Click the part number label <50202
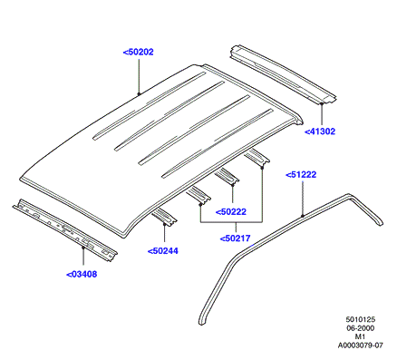pyautogui.click(x=138, y=52)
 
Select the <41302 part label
pyautogui.click(x=320, y=131)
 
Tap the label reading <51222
pyautogui.click(x=301, y=175)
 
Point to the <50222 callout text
pyautogui.click(x=231, y=212)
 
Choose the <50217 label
pyautogui.click(x=236, y=238)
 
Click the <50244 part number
pyautogui.click(x=163, y=251)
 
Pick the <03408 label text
pyautogui.click(x=82, y=275)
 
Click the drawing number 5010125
pyautogui.click(x=361, y=319)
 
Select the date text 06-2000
pyautogui.click(x=361, y=328)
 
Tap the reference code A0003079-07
pyautogui.click(x=361, y=345)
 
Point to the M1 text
pyautogui.click(x=360, y=336)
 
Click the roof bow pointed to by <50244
pyautogui.click(x=164, y=217)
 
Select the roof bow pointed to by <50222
pyautogui.click(x=228, y=177)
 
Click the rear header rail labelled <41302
pyautogui.click(x=283, y=74)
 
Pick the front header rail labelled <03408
pyautogui.click(x=65, y=229)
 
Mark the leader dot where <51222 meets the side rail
pyautogui.click(x=303, y=216)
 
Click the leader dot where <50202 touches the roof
pyautogui.click(x=139, y=93)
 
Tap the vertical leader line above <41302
pyautogui.click(x=322, y=115)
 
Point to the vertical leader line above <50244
pyautogui.click(x=164, y=233)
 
